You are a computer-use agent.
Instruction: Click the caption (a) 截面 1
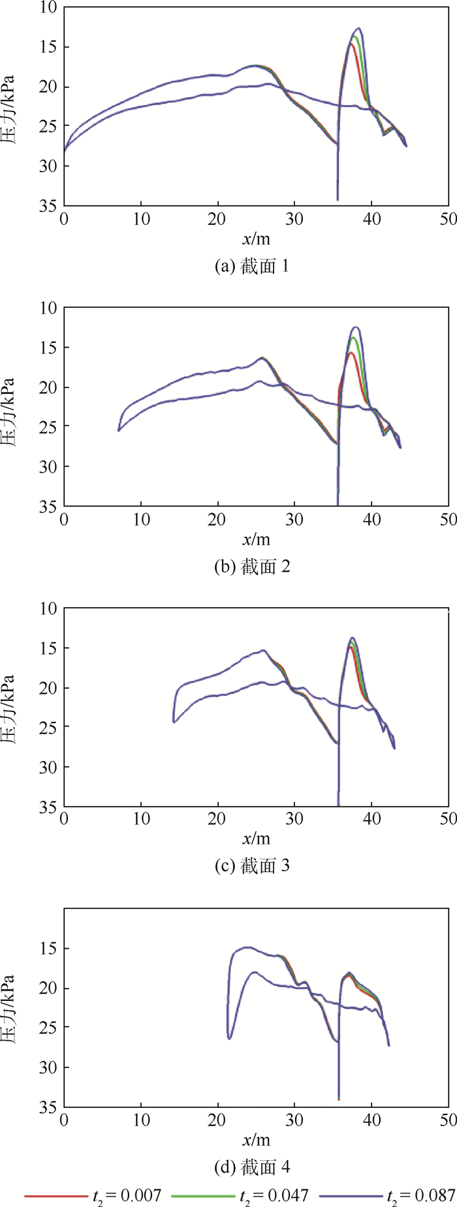coord(251,266)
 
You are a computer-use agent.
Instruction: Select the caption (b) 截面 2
coord(251,566)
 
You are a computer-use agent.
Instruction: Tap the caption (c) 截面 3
coord(251,865)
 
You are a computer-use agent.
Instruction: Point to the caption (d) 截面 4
coord(251,1166)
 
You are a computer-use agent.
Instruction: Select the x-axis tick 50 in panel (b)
coord(449,520)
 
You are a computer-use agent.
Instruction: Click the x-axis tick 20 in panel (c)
coord(217,819)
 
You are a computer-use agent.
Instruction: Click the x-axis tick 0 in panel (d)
coord(64,1120)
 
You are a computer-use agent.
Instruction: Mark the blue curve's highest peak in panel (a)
coord(358,29)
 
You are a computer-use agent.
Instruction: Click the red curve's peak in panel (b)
coord(351,353)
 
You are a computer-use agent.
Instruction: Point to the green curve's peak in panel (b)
coord(353,338)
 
